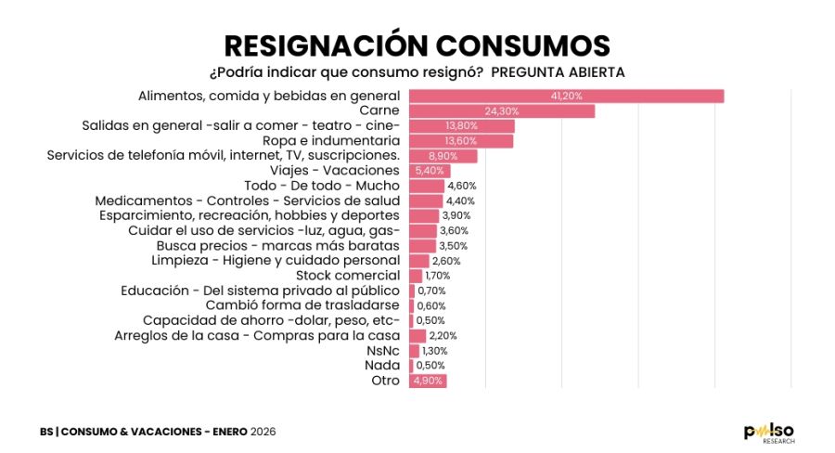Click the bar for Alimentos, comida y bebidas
click(566, 96)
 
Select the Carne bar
click(501, 111)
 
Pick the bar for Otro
click(427, 381)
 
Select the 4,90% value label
click(428, 381)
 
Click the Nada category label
click(383, 366)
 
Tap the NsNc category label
click(383, 351)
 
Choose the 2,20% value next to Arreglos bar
click(443, 336)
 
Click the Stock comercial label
click(347, 276)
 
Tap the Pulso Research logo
click(769, 432)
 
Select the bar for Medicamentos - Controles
click(425, 201)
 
